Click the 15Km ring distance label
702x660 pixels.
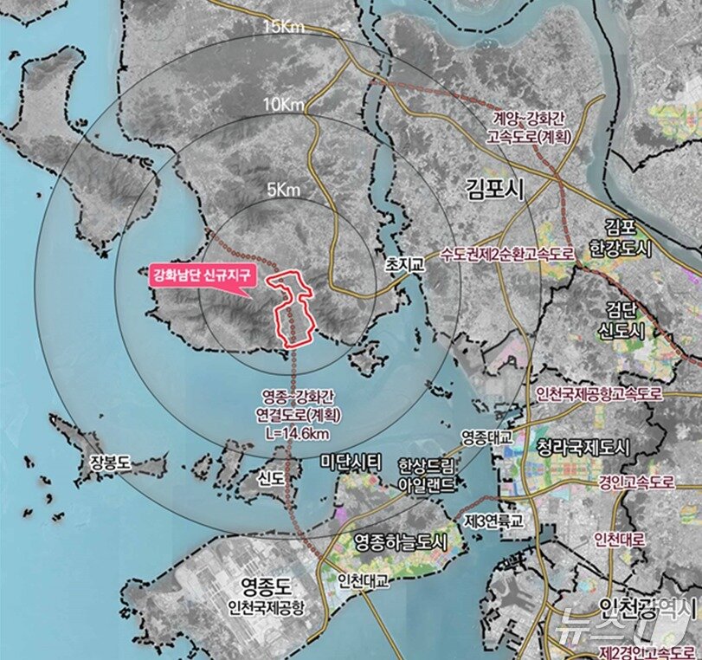coord(285,28)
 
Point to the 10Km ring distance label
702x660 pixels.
coord(285,105)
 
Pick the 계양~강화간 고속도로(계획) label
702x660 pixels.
coord(531,126)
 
